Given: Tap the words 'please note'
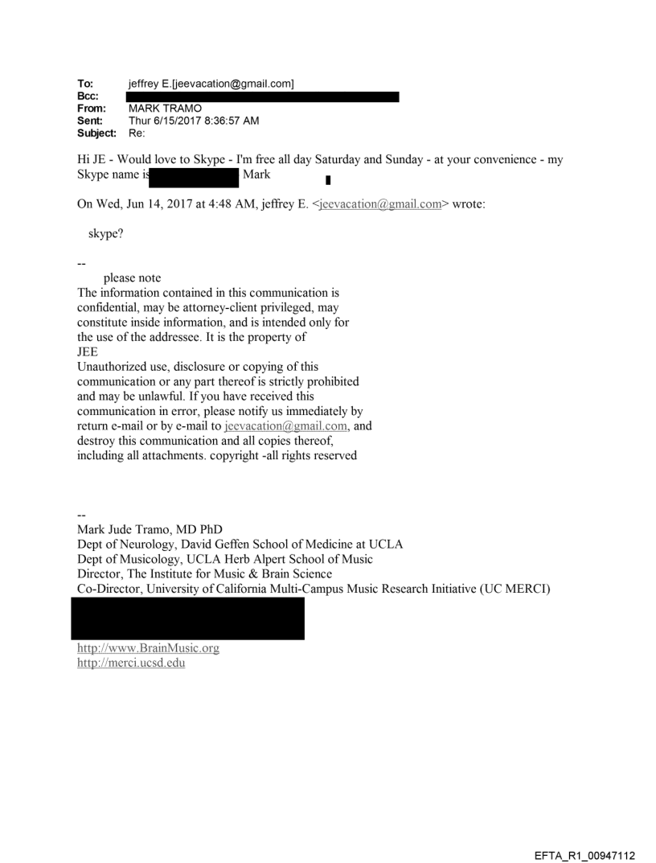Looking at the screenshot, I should point(132,278).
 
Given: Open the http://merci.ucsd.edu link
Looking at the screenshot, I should point(130,663).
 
